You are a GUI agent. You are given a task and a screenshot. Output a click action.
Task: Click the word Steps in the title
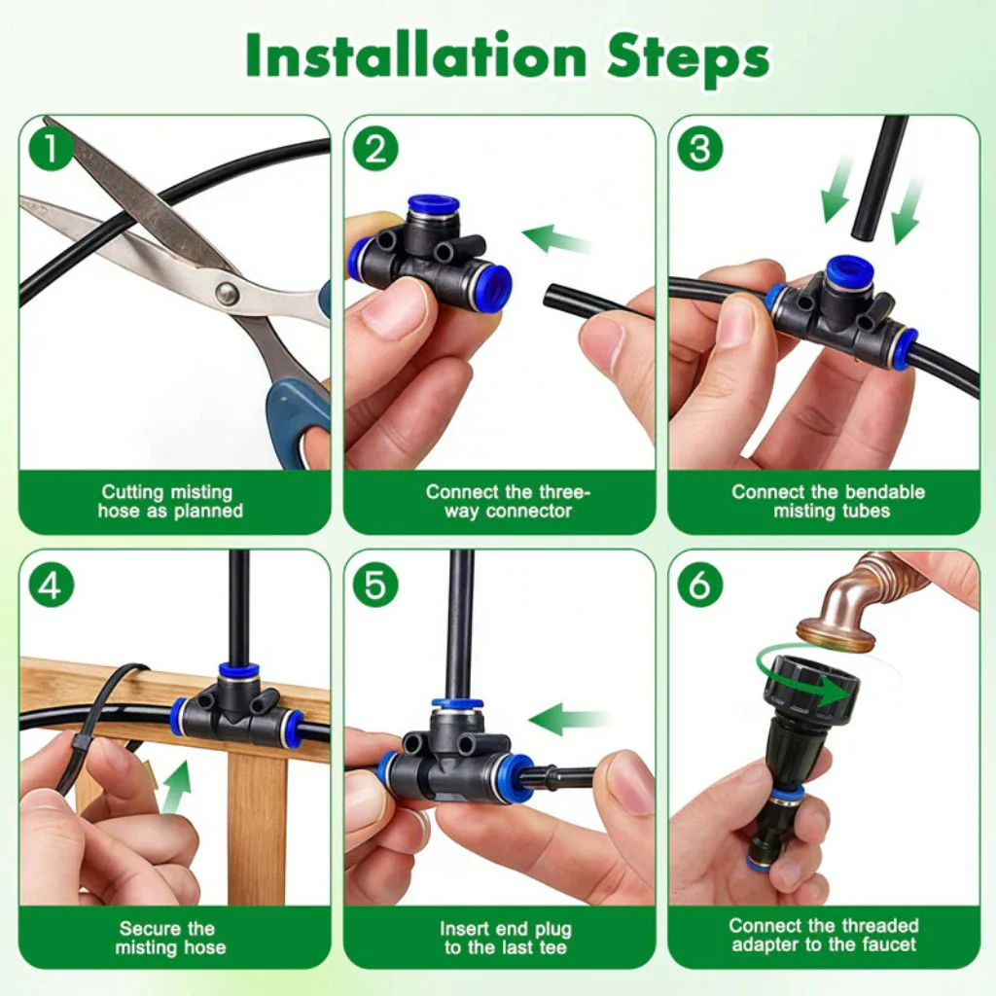tap(688, 57)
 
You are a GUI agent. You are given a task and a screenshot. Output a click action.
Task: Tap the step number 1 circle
tap(51, 149)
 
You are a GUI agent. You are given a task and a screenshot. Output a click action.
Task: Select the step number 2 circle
tap(375, 149)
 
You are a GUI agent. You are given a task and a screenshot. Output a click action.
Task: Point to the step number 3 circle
tap(700, 149)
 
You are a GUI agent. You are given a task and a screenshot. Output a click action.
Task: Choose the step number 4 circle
tap(51, 585)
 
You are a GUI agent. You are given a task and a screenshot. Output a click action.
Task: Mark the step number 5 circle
tap(375, 585)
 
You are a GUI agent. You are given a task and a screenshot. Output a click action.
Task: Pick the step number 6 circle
tap(700, 585)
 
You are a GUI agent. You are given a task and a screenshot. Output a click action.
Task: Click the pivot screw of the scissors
tap(228, 293)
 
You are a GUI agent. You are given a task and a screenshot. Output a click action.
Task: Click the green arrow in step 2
tap(556, 238)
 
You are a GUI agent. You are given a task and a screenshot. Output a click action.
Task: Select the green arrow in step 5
tap(567, 719)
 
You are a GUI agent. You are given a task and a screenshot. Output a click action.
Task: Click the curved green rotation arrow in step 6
tap(806, 678)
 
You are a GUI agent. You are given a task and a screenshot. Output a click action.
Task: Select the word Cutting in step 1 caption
tap(131, 492)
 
